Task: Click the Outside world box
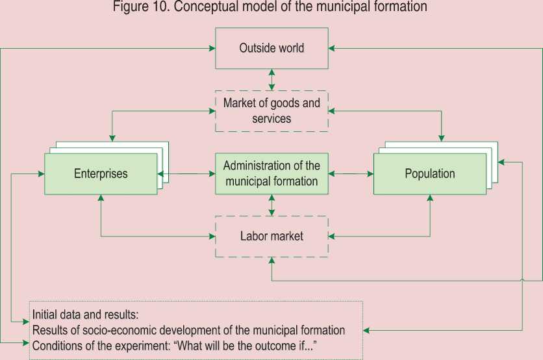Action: point(271,49)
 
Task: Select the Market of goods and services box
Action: point(271,111)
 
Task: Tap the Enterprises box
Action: point(101,174)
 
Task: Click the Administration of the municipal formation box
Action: point(271,174)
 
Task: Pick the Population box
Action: point(430,174)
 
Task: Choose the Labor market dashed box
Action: point(271,236)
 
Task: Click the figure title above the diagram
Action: point(271,8)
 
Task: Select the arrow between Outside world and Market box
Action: point(271,79)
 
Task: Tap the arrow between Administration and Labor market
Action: point(271,204)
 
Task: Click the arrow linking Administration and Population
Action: point(351,174)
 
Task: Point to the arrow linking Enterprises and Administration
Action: point(187,174)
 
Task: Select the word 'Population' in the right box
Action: point(430,174)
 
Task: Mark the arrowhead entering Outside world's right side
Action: point(332,49)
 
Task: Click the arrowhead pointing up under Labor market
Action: point(271,261)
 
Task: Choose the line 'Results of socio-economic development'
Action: point(188,331)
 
